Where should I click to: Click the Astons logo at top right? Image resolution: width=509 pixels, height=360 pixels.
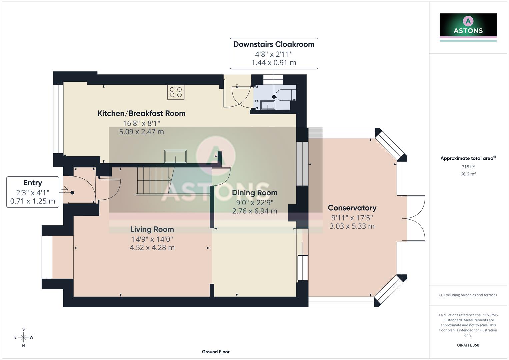pyautogui.click(x=468, y=25)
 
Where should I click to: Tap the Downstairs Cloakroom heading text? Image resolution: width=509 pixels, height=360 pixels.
pyautogui.click(x=274, y=44)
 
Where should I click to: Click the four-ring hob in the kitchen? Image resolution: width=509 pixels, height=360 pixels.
pyautogui.click(x=176, y=92)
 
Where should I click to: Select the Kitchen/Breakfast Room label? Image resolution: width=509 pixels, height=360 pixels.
pyautogui.click(x=141, y=113)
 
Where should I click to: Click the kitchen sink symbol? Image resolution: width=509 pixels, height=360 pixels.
pyautogui.click(x=175, y=156)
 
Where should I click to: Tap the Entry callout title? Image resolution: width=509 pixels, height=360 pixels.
pyautogui.click(x=33, y=183)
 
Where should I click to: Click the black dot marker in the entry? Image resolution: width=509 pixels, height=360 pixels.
pyautogui.click(x=72, y=193)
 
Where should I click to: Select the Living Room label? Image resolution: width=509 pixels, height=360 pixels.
pyautogui.click(x=152, y=229)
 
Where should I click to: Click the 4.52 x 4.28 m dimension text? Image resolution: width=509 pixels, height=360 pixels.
pyautogui.click(x=152, y=248)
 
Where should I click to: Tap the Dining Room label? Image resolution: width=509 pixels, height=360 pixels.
pyautogui.click(x=255, y=193)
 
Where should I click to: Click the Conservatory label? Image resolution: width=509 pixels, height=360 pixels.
pyautogui.click(x=352, y=208)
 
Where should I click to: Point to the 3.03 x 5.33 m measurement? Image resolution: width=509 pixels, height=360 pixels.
pyautogui.click(x=352, y=226)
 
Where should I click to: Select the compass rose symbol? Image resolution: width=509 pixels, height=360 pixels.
pyautogui.click(x=23, y=337)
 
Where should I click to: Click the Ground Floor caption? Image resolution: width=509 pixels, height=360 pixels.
pyautogui.click(x=216, y=352)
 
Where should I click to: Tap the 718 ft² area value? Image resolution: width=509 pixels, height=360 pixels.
pyautogui.click(x=468, y=167)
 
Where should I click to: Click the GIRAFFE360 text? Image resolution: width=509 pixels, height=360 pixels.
pyautogui.click(x=468, y=345)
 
